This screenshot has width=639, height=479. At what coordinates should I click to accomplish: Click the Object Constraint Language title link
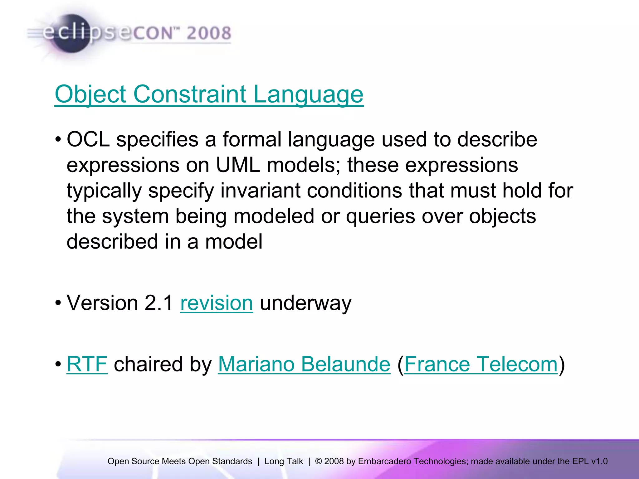click(x=209, y=94)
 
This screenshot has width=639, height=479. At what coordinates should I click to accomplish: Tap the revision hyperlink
click(x=217, y=303)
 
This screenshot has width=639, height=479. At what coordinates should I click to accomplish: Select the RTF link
click(x=87, y=364)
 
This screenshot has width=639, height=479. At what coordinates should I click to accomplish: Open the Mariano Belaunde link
click(x=304, y=364)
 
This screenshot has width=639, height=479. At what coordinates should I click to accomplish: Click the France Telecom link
click(x=481, y=364)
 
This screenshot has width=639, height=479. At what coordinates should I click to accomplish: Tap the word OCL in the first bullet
click(x=88, y=139)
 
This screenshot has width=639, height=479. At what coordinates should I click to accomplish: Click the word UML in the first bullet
click(x=238, y=165)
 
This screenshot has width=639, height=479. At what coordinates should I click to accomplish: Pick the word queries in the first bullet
click(x=380, y=216)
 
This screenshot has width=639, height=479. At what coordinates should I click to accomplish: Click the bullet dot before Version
click(x=58, y=303)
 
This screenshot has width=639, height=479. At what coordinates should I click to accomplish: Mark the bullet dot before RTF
click(x=58, y=364)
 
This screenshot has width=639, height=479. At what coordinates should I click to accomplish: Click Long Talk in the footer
click(x=284, y=461)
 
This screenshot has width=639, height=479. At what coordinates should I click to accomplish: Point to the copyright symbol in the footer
click(x=319, y=461)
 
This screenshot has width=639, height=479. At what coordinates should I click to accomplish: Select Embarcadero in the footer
click(x=384, y=461)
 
